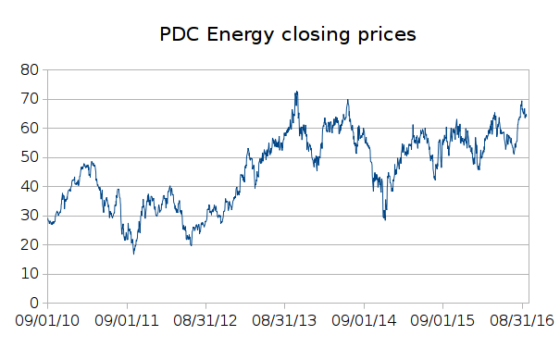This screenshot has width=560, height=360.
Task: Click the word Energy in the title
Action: (240, 36)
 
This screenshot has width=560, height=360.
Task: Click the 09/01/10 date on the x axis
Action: (48, 321)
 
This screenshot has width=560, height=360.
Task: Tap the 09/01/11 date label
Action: (128, 321)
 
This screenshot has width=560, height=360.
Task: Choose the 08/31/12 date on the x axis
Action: (206, 321)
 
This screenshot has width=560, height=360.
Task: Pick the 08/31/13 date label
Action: (285, 321)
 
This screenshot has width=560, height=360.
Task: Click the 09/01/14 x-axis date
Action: (365, 321)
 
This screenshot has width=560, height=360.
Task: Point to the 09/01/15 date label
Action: (443, 321)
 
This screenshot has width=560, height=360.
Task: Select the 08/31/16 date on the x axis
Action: (522, 321)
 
